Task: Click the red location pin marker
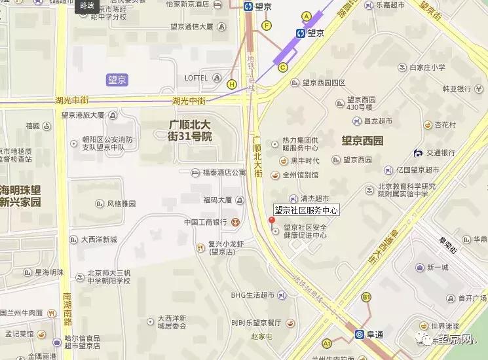[x=271, y=221]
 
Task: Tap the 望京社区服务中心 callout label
[x=306, y=210]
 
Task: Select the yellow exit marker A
[x=306, y=16]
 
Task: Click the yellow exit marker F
[x=266, y=26]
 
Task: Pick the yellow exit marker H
[x=232, y=84]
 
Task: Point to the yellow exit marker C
[x=284, y=66]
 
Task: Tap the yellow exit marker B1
[x=366, y=298]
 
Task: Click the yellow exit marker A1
[x=327, y=343]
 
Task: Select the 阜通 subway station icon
[x=359, y=334]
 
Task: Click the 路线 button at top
[x=86, y=5]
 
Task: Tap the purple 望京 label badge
[x=118, y=80]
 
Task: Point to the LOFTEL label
[x=196, y=78]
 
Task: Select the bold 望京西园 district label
[x=362, y=141]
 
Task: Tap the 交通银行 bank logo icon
[x=418, y=153]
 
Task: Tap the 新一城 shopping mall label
[x=438, y=267]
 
